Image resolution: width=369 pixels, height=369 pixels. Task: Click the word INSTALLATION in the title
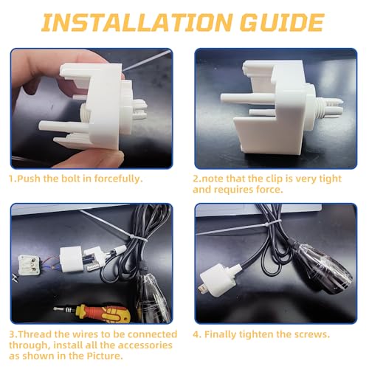tap(137, 23)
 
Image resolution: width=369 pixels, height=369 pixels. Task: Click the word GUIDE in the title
tap(282, 23)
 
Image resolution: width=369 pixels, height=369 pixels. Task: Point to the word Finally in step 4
tap(220, 334)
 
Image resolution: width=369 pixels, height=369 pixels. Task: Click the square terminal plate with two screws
tap(29, 265)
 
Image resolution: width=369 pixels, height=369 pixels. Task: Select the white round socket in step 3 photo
tap(71, 260)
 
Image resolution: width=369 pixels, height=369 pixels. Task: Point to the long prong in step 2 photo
tap(246, 98)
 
